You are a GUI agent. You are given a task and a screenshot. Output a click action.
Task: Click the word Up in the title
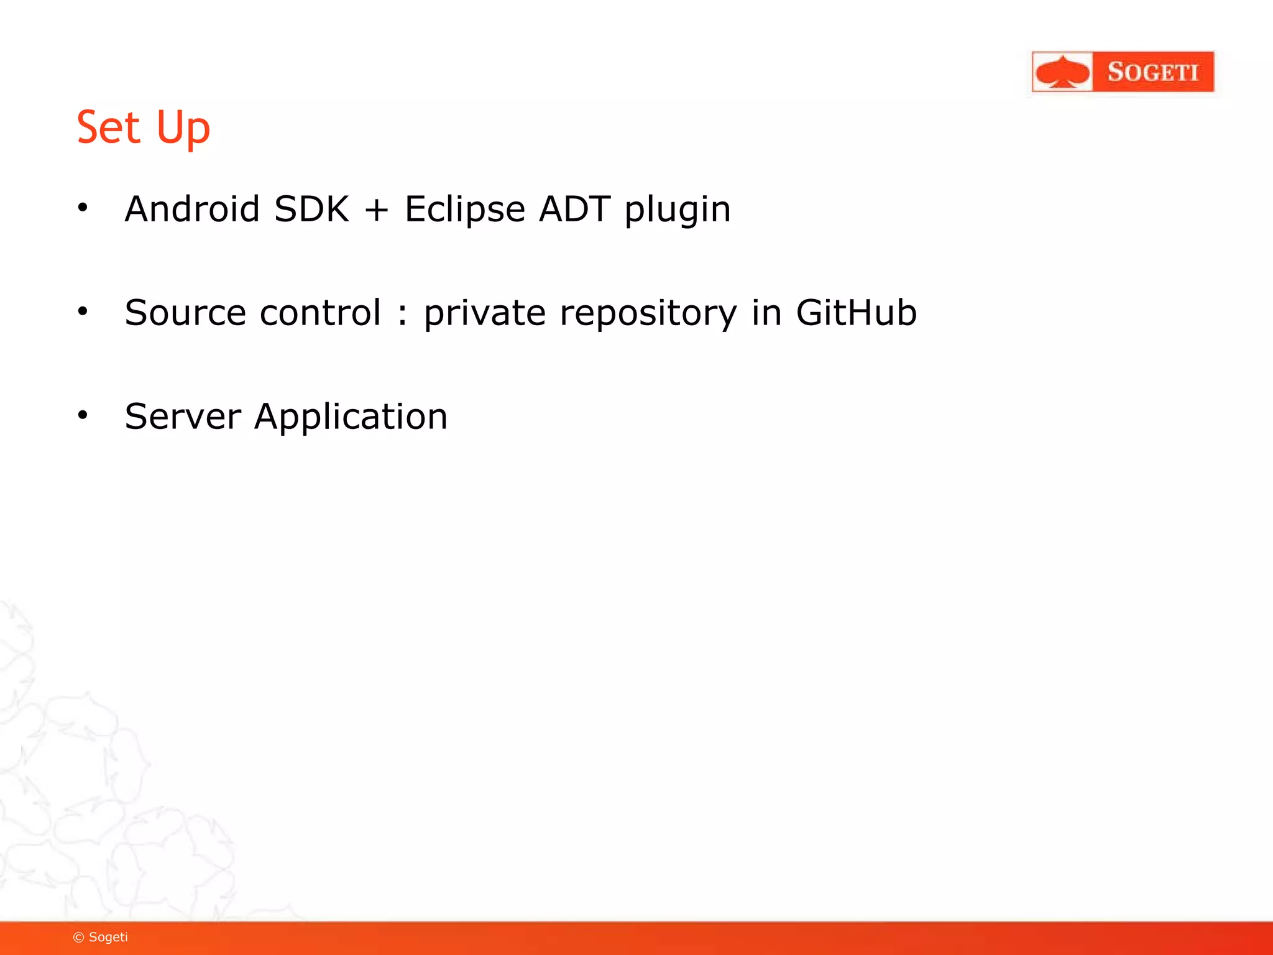183,129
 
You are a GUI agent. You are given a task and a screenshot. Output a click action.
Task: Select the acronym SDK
311,209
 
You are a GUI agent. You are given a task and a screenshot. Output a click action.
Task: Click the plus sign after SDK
377,210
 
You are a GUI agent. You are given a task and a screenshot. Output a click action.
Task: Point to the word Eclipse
465,210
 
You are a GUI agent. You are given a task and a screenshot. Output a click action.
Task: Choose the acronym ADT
574,209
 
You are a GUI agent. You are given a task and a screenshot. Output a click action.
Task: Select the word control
320,313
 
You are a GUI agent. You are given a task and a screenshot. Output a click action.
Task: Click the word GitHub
856,313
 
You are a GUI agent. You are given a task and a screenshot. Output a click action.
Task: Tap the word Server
183,417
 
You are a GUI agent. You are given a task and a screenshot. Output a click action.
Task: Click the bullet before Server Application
83,415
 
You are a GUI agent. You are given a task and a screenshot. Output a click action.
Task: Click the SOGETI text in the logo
1152,72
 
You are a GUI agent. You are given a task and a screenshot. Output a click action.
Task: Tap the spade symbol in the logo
1063,72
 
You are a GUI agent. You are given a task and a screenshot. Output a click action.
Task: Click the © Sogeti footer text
101,937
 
